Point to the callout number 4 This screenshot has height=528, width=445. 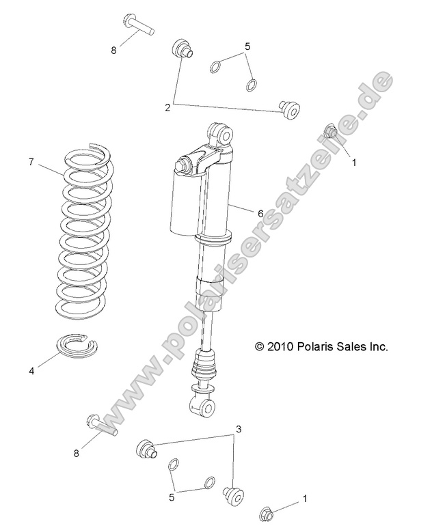point(31,371)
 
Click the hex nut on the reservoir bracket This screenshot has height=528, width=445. point(184,165)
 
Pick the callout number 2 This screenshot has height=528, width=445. point(167,107)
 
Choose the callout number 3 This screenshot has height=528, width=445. point(239,429)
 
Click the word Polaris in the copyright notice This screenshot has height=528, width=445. point(319,347)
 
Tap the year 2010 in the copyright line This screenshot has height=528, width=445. point(281,347)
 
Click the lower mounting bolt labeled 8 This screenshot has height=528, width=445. point(103,424)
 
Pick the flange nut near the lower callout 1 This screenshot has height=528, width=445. point(267,512)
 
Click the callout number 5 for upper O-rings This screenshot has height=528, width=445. point(247,46)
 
